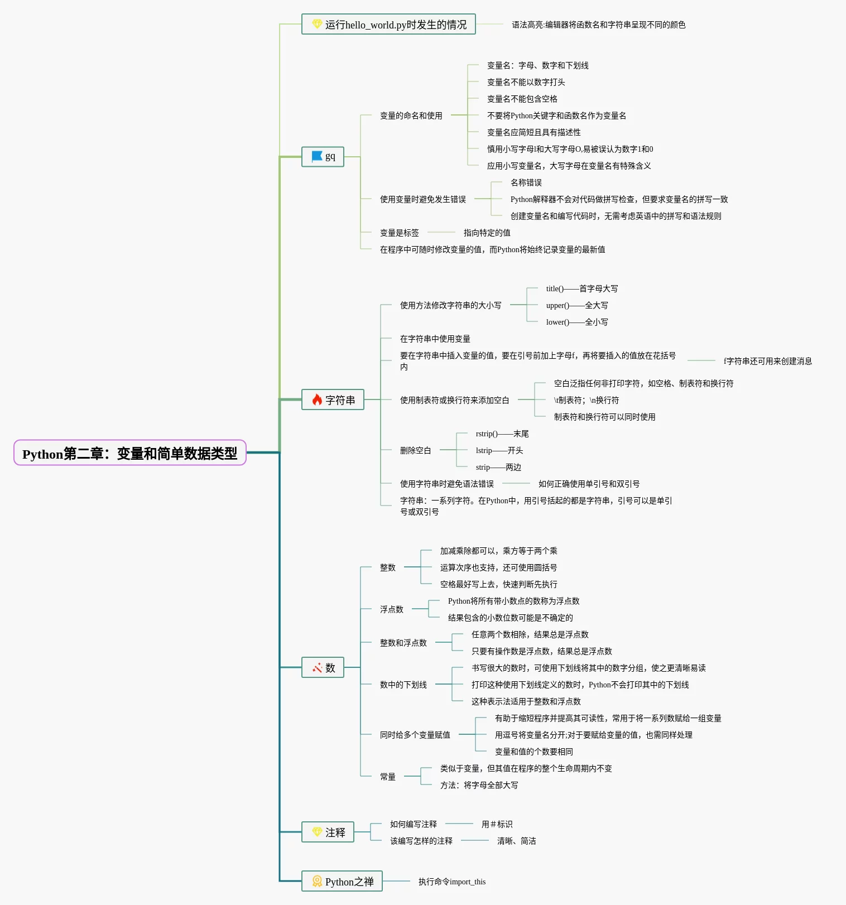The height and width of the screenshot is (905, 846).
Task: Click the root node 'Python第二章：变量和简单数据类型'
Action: click(129, 453)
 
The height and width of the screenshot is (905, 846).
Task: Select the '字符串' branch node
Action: click(333, 399)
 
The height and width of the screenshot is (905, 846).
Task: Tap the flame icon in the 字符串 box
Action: click(317, 399)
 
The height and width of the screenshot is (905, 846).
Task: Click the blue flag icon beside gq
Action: click(317, 156)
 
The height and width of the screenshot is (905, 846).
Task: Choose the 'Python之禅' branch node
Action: click(342, 881)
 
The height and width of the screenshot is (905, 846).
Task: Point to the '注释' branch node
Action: click(328, 832)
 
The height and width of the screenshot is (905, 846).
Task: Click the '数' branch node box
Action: click(323, 667)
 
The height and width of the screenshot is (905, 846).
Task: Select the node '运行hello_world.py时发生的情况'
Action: click(388, 24)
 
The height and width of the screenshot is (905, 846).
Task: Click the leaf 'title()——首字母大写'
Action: click(581, 288)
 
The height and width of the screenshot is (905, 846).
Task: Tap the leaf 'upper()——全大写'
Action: click(576, 305)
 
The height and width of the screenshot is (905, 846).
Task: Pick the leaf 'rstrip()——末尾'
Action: click(502, 434)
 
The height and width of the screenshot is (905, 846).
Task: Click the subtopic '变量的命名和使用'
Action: click(411, 115)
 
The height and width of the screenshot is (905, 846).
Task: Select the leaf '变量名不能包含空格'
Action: click(522, 99)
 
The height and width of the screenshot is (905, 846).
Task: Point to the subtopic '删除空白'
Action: click(415, 450)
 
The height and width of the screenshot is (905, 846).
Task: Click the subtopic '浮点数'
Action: click(391, 609)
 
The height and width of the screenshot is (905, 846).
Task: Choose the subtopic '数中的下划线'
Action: click(403, 685)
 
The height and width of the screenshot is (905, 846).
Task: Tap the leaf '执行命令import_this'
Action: click(451, 882)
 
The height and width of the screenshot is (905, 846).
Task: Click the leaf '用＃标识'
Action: click(497, 824)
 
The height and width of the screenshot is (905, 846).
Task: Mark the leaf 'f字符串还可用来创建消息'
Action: click(767, 361)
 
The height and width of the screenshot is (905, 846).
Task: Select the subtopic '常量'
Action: click(387, 777)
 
